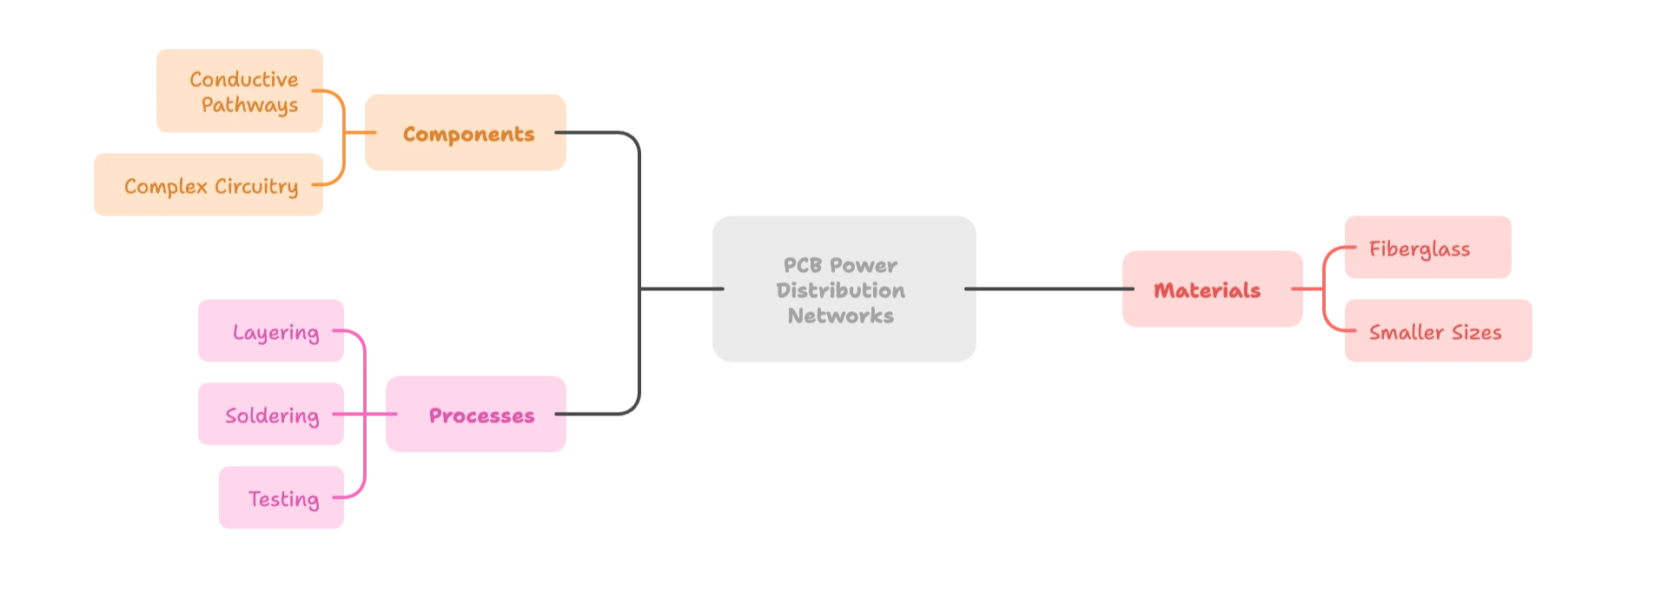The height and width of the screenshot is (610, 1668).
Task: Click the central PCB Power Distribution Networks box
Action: [x=844, y=291]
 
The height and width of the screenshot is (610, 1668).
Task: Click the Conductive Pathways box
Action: [x=240, y=92]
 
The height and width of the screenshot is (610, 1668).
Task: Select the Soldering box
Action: [x=271, y=415]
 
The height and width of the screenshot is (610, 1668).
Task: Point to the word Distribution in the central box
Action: [x=840, y=290]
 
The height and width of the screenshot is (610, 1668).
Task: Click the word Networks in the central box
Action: [x=840, y=315]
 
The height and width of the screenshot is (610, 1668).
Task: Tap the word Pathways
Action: [x=249, y=105]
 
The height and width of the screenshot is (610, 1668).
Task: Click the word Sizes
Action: [x=1476, y=332]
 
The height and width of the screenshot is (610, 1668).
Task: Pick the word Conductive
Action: [x=243, y=79]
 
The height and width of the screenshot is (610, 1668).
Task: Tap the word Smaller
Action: [x=1406, y=332]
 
